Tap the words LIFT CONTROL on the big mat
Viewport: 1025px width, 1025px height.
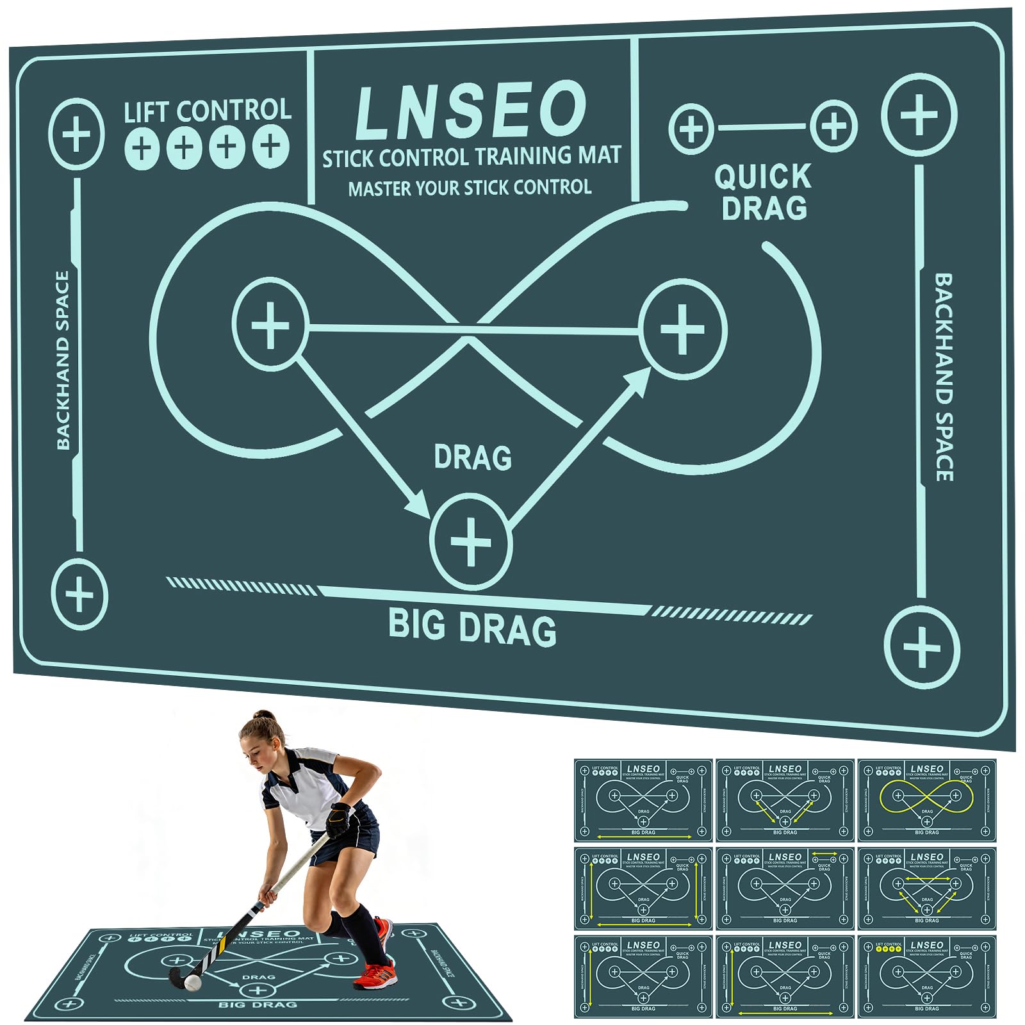point(208,111)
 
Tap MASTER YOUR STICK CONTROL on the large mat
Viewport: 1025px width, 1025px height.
point(470,188)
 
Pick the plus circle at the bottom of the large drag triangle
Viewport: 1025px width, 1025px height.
point(471,542)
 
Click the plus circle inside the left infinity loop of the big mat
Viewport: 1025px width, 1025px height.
point(270,324)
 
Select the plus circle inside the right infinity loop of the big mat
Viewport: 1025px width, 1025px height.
point(682,329)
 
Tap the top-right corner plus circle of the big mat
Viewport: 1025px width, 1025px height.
point(919,115)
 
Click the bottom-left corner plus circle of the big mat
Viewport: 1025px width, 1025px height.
point(79,594)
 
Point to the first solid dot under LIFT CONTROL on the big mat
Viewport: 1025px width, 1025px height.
point(142,149)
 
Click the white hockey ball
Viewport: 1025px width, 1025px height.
point(192,982)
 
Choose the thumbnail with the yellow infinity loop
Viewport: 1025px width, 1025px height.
point(926,800)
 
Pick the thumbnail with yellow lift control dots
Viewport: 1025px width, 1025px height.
point(926,976)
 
